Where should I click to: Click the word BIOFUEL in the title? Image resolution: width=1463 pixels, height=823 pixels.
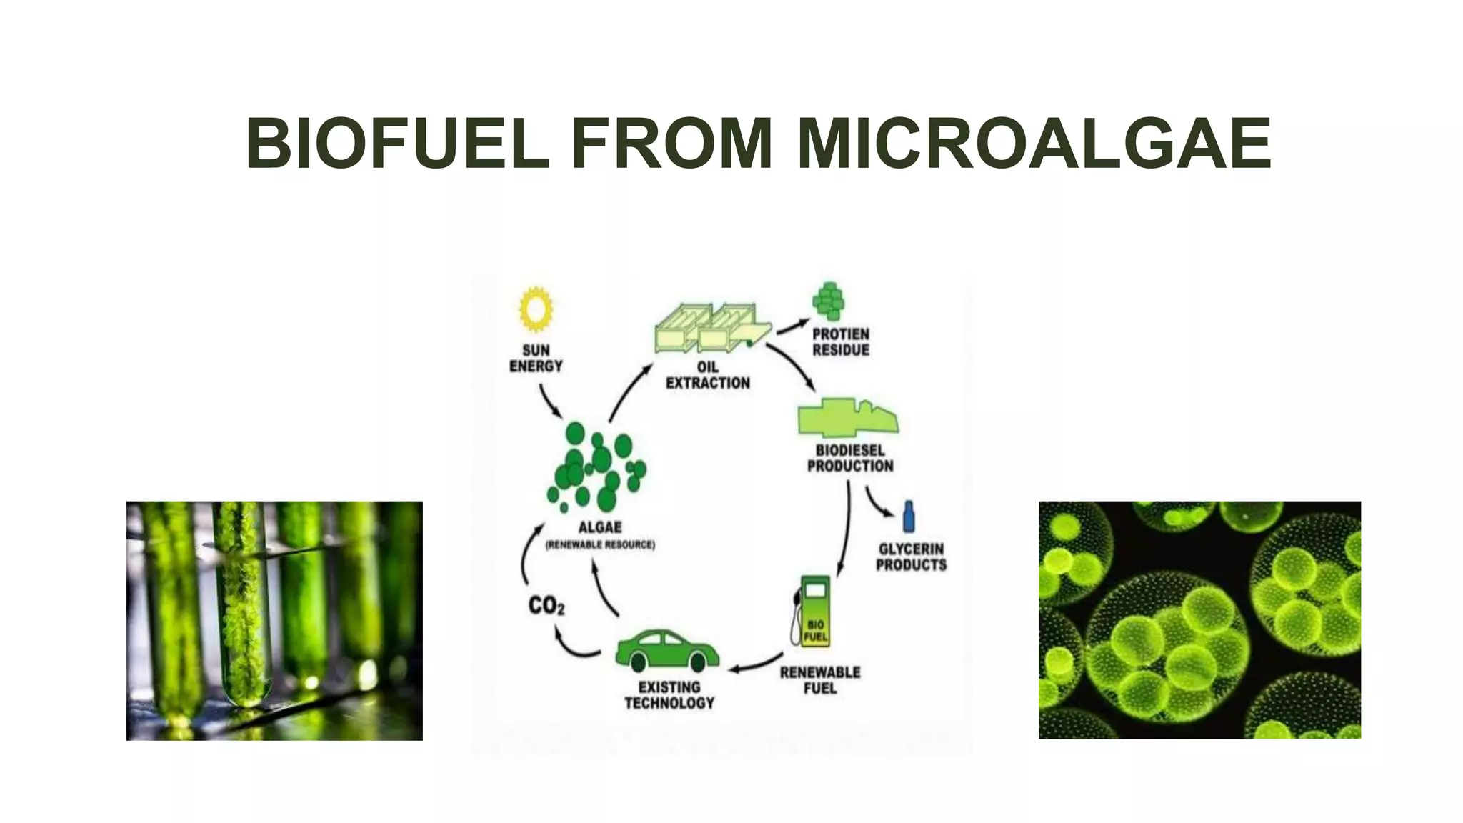(x=397, y=144)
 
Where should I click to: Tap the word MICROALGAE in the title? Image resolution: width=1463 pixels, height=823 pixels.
(x=1034, y=144)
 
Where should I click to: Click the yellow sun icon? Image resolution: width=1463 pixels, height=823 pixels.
(x=536, y=309)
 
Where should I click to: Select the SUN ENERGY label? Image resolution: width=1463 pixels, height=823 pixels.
(x=536, y=358)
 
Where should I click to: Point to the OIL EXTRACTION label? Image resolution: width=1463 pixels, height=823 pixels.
(x=708, y=375)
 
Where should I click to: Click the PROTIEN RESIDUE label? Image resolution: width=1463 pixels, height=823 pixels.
(x=841, y=342)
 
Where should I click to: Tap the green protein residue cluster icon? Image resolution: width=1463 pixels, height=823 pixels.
(x=829, y=301)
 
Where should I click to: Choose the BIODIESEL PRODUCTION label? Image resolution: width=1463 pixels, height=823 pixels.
(x=850, y=458)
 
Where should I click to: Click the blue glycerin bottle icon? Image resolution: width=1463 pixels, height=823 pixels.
(x=909, y=516)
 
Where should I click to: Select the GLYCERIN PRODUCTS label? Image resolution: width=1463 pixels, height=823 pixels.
(x=912, y=557)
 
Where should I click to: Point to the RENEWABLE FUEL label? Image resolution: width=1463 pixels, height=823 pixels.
(x=820, y=680)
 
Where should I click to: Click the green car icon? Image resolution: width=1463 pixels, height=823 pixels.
(x=667, y=650)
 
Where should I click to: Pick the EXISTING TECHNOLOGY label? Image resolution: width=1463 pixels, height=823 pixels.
(x=669, y=695)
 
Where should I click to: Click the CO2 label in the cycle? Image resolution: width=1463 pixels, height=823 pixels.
(x=546, y=606)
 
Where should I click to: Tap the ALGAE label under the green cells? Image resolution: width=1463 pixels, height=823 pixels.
(x=600, y=527)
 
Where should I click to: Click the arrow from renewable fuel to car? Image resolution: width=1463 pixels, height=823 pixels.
(x=756, y=664)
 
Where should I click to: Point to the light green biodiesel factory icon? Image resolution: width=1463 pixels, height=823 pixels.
(x=847, y=419)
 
